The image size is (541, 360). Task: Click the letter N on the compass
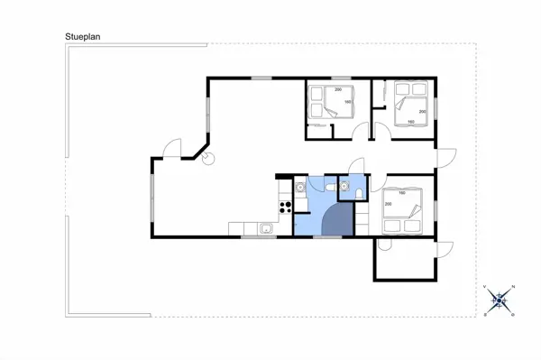point(512,287)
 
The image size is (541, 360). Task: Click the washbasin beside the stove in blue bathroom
point(298,188)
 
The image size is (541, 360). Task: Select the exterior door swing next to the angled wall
point(173,147)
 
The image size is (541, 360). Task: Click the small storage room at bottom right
point(406,262)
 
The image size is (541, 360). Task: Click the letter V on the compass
point(487,287)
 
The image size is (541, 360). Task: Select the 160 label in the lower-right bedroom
point(401,193)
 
